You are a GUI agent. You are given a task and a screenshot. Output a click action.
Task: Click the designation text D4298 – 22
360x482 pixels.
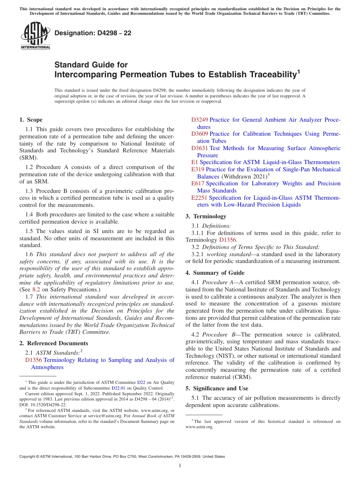coord(93,33)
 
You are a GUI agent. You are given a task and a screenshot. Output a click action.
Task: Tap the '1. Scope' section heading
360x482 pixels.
coord(31,120)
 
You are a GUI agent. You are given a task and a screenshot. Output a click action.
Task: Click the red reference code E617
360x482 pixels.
coord(198,183)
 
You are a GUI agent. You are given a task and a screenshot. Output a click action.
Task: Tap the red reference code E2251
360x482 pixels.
coord(199,198)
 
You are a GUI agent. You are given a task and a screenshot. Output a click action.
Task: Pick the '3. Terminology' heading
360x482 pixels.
coord(206,216)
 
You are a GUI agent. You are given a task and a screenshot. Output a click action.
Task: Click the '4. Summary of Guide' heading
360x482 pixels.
coord(215,273)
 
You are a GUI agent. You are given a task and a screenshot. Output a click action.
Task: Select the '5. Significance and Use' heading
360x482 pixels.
coord(217,388)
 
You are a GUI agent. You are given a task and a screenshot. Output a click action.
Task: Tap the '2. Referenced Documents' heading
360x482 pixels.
coord(54,343)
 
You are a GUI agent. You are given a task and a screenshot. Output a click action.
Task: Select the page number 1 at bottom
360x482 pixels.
coord(180,465)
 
